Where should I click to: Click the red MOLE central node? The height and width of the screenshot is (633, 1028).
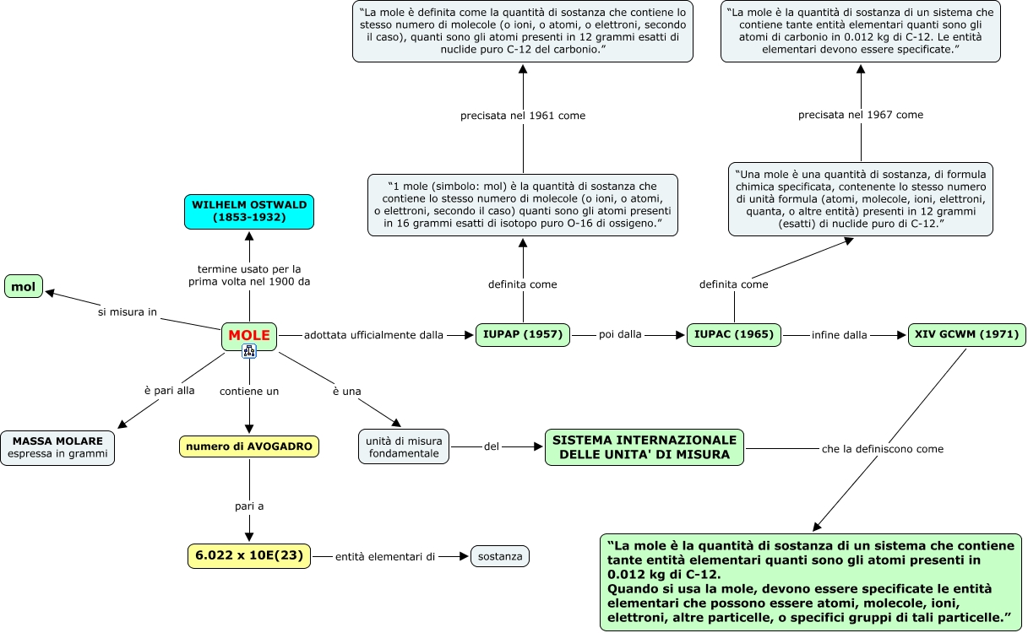pos(249,336)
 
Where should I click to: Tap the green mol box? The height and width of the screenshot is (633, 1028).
pos(24,286)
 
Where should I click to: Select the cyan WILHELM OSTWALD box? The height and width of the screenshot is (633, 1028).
pos(249,212)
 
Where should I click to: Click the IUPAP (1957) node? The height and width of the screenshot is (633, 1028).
pos(523,335)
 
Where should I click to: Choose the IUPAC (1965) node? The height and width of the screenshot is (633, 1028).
pos(734,335)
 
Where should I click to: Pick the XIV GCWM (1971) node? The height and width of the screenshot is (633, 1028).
pos(967,335)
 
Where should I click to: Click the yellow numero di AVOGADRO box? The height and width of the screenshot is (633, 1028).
pos(249,446)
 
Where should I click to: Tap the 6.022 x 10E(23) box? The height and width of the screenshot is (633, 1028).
pos(249,556)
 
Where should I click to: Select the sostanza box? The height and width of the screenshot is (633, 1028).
pos(500,556)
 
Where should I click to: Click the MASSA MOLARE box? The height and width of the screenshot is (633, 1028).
pos(57,447)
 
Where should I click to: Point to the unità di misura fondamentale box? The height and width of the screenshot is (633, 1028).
pos(404,446)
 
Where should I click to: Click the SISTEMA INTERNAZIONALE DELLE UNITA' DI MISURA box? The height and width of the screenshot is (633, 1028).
pos(645,447)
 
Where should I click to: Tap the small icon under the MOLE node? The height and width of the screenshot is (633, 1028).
pos(249,351)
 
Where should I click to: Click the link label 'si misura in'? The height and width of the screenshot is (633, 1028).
pos(128,312)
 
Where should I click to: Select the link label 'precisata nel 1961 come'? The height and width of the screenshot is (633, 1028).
pos(523,116)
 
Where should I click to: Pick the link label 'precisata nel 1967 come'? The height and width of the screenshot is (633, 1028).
pos(861,115)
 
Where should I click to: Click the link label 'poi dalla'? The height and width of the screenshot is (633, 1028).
pos(620,334)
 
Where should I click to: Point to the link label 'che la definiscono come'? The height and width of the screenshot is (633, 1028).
pos(883,449)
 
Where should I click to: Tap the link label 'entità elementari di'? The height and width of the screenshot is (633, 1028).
pos(385,557)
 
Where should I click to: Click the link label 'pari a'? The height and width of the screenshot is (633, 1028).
pos(249,506)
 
